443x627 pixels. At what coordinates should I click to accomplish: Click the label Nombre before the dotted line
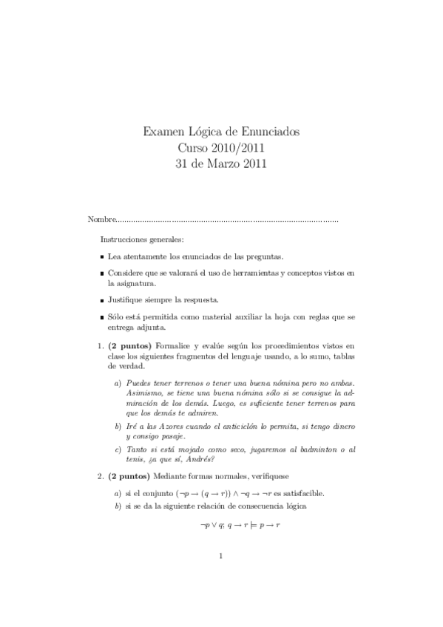[x=101, y=220]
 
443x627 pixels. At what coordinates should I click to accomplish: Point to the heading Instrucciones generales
[x=143, y=240]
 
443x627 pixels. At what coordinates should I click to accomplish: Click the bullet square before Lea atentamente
[x=101, y=257]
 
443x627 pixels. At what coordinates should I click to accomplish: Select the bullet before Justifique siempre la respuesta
[x=101, y=300]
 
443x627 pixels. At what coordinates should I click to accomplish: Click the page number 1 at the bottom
[x=221, y=578]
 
